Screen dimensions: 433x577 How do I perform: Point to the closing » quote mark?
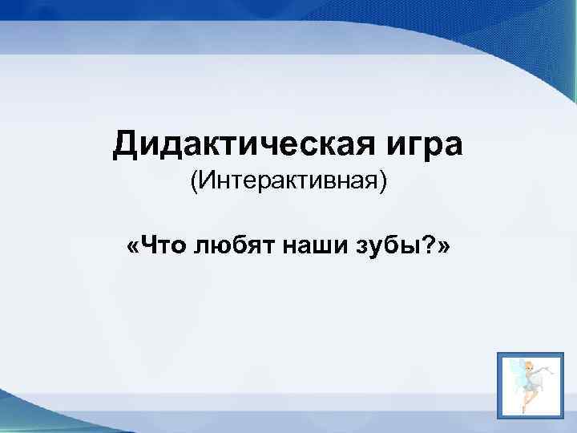[443, 247]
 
